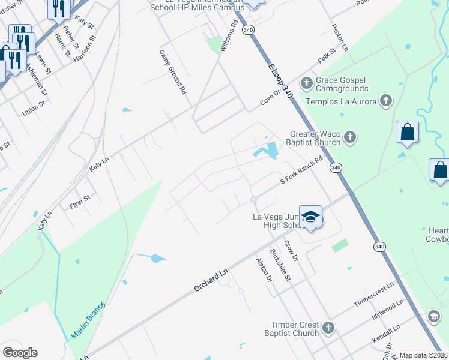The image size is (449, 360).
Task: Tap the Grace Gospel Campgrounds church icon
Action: pos(307,82)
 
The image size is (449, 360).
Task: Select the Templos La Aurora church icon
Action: pos(385,101)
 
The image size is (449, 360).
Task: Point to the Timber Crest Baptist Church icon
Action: pos(328,328)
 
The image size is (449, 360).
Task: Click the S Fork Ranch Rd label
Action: pos(302,170)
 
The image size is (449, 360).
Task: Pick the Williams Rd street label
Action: pos(229,38)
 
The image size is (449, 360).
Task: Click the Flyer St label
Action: pos(79,202)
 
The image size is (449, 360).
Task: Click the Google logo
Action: pos(20,353)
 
